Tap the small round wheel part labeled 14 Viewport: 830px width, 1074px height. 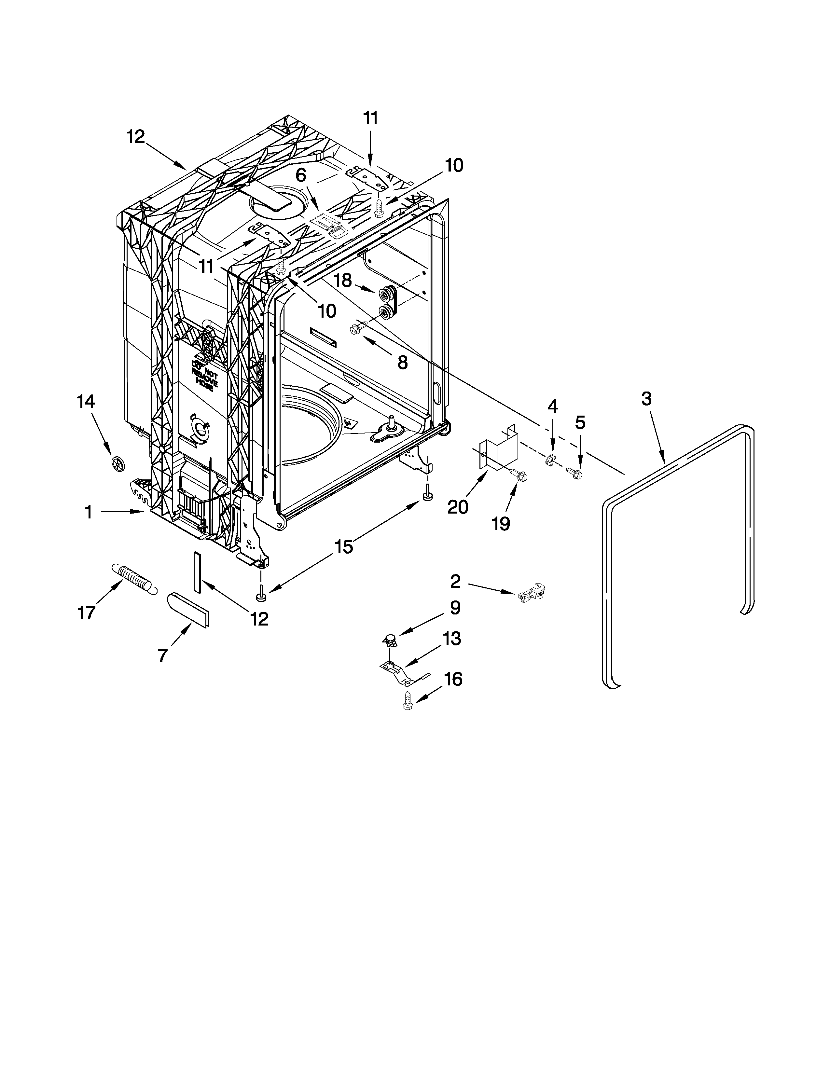pyautogui.click(x=118, y=463)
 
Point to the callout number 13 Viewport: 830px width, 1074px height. pyautogui.click(x=451, y=639)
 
